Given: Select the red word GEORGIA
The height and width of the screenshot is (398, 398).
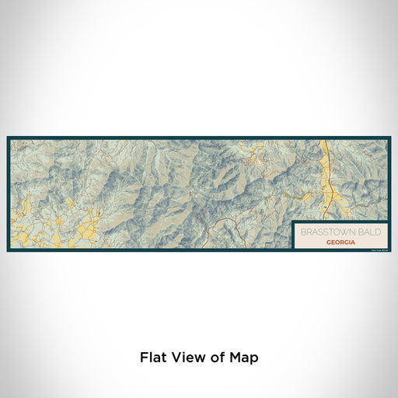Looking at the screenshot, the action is tap(342, 243).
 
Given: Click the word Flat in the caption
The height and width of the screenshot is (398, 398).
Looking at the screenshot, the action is tap(152, 358).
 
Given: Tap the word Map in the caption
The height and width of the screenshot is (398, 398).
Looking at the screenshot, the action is tap(243, 358).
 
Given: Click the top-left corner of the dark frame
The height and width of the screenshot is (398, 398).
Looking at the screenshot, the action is tap(8, 138).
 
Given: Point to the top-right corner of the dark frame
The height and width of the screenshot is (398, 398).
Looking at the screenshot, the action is tap(390, 138).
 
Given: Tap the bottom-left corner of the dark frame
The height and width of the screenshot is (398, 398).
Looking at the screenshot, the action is tap(8, 251).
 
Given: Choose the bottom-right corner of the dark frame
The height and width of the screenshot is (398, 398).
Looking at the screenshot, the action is tap(390, 251).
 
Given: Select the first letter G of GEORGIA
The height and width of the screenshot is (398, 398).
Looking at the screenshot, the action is tap(329, 243).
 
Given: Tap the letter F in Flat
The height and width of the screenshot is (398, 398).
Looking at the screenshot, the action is tap(143, 358).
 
